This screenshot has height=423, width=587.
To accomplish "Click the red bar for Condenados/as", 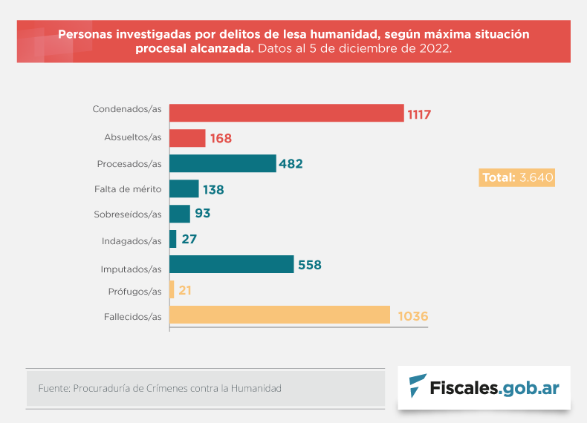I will [x=286, y=113].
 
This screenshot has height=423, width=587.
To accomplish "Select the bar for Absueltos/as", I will [x=187, y=138].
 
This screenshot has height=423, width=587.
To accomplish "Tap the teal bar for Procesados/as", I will [x=223, y=163].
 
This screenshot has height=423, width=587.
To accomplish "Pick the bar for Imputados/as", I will [x=232, y=264].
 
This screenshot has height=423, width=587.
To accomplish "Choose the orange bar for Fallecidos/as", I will [x=279, y=315].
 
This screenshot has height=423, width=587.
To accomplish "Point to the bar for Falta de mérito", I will [x=184, y=188].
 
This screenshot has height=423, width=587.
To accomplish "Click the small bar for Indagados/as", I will [x=173, y=239].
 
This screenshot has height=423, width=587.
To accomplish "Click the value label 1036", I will [x=413, y=316].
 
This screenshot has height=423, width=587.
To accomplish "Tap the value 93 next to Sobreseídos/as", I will [x=203, y=214].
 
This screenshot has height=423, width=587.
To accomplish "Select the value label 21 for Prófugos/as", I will [x=185, y=290].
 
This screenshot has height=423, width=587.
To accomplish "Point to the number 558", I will [x=309, y=265].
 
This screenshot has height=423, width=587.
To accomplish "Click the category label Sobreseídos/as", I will [x=128, y=214].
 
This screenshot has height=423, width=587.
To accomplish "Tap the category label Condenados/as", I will [x=127, y=109].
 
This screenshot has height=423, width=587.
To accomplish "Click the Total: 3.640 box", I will [x=518, y=177].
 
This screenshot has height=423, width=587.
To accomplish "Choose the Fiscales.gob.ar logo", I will [x=484, y=387].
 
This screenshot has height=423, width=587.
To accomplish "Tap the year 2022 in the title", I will [x=432, y=49].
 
